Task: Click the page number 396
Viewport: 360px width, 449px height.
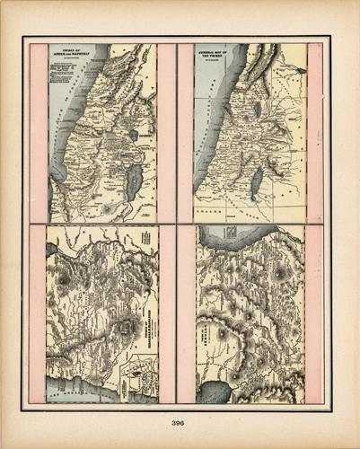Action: tap(180, 425)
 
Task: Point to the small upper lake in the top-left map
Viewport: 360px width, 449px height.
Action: tap(134, 136)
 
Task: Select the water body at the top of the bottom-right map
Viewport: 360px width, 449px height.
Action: tap(233, 235)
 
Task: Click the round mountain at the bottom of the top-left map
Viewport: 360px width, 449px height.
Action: tap(109, 208)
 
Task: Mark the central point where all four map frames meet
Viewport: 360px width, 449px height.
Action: tap(177, 224)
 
